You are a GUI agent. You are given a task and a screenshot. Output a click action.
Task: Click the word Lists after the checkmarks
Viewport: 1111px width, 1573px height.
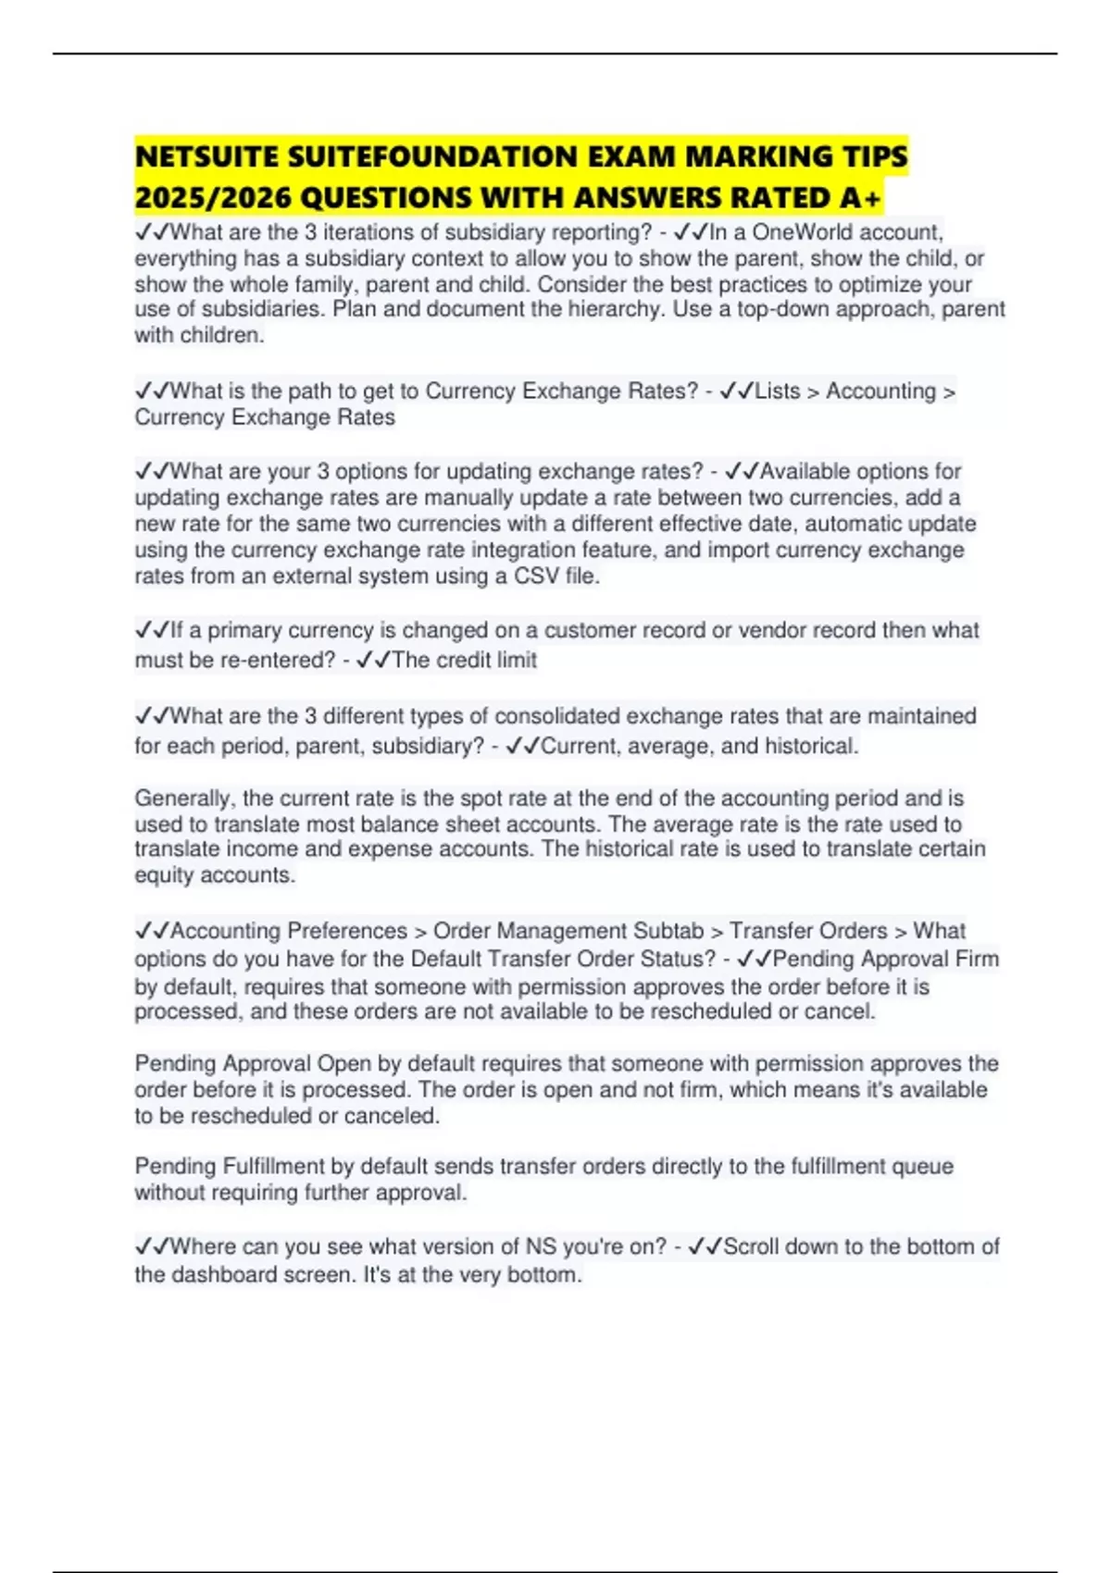(x=778, y=391)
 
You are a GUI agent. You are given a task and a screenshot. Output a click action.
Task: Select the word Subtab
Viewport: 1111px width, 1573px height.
(x=668, y=931)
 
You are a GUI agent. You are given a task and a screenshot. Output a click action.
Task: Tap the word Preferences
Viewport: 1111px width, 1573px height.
(x=348, y=931)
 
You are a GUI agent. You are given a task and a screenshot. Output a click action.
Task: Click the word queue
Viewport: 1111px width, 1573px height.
(x=922, y=1167)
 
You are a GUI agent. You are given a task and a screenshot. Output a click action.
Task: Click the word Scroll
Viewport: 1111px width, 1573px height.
(x=755, y=1247)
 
